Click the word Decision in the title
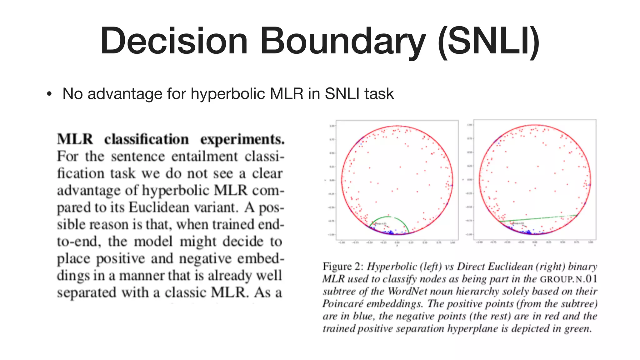click(174, 41)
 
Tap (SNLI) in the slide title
click(488, 41)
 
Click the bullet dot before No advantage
click(49, 94)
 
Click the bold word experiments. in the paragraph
click(242, 139)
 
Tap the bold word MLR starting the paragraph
click(75, 139)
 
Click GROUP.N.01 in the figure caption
click(568, 279)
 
